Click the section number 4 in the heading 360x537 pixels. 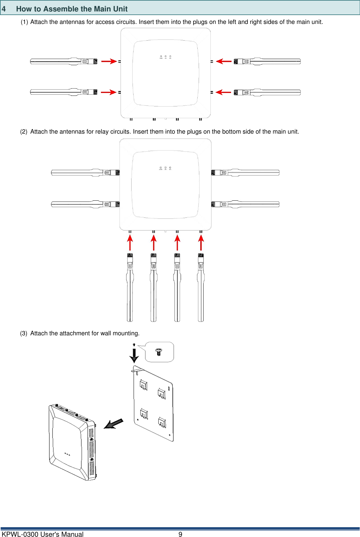point(4,9)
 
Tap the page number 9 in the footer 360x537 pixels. point(180,534)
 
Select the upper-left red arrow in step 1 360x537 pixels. point(109,61)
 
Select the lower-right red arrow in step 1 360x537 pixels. point(224,92)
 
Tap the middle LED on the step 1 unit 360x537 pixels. point(166,57)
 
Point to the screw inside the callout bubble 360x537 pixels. point(159,352)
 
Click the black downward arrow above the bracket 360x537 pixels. point(134,355)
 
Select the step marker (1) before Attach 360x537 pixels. point(24,22)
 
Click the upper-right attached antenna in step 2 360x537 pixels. point(249,173)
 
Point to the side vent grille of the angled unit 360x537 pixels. point(92,452)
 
